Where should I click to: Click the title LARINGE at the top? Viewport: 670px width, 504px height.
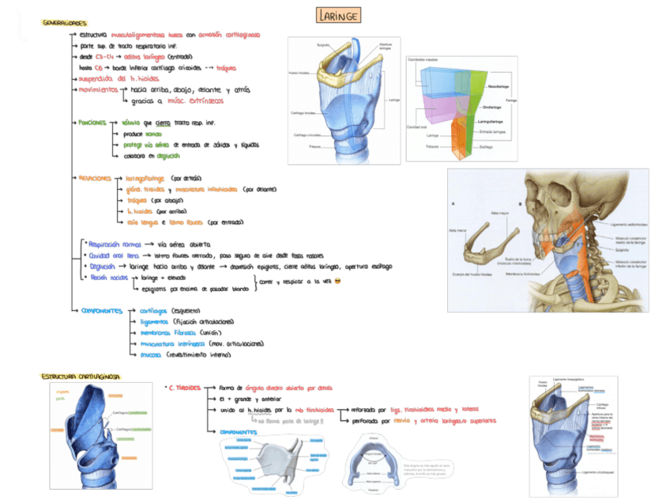pos(339,15)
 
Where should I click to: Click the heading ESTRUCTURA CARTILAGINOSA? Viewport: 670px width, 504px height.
pos(79,377)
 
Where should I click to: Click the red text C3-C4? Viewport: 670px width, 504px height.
pos(107,57)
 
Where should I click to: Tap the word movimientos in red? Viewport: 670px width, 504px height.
pos(98,89)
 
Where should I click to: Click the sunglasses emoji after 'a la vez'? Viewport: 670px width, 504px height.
pos(337,282)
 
